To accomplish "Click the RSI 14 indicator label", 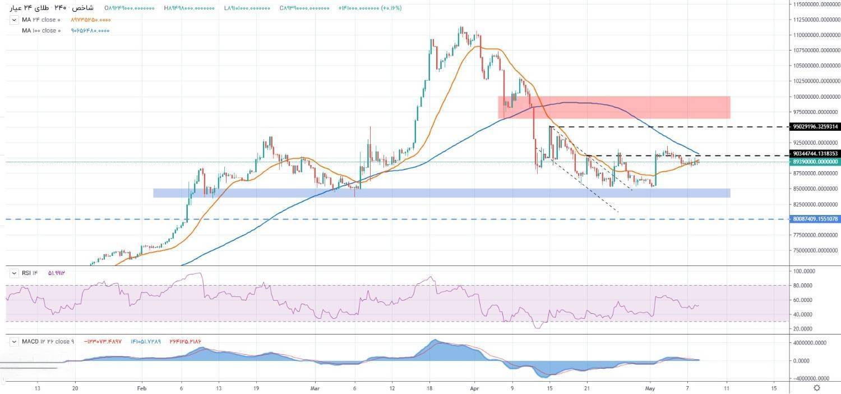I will pyautogui.click(x=29, y=273).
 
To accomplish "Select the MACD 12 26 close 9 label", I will pyautogui.click(x=48, y=341).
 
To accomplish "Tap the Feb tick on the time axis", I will pyautogui.click(x=141, y=387).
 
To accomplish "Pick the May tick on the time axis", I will pyautogui.click(x=650, y=387).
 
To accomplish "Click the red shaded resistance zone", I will pyautogui.click(x=614, y=107).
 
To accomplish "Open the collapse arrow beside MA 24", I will pyautogui.click(x=14, y=20).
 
